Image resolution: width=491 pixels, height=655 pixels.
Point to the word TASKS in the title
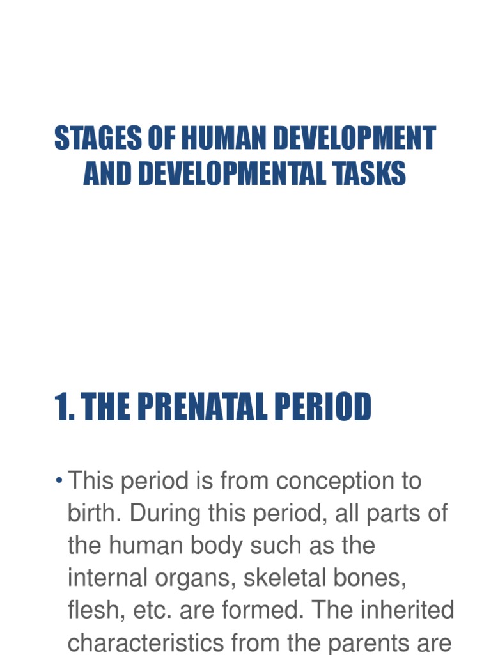(x=371, y=173)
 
